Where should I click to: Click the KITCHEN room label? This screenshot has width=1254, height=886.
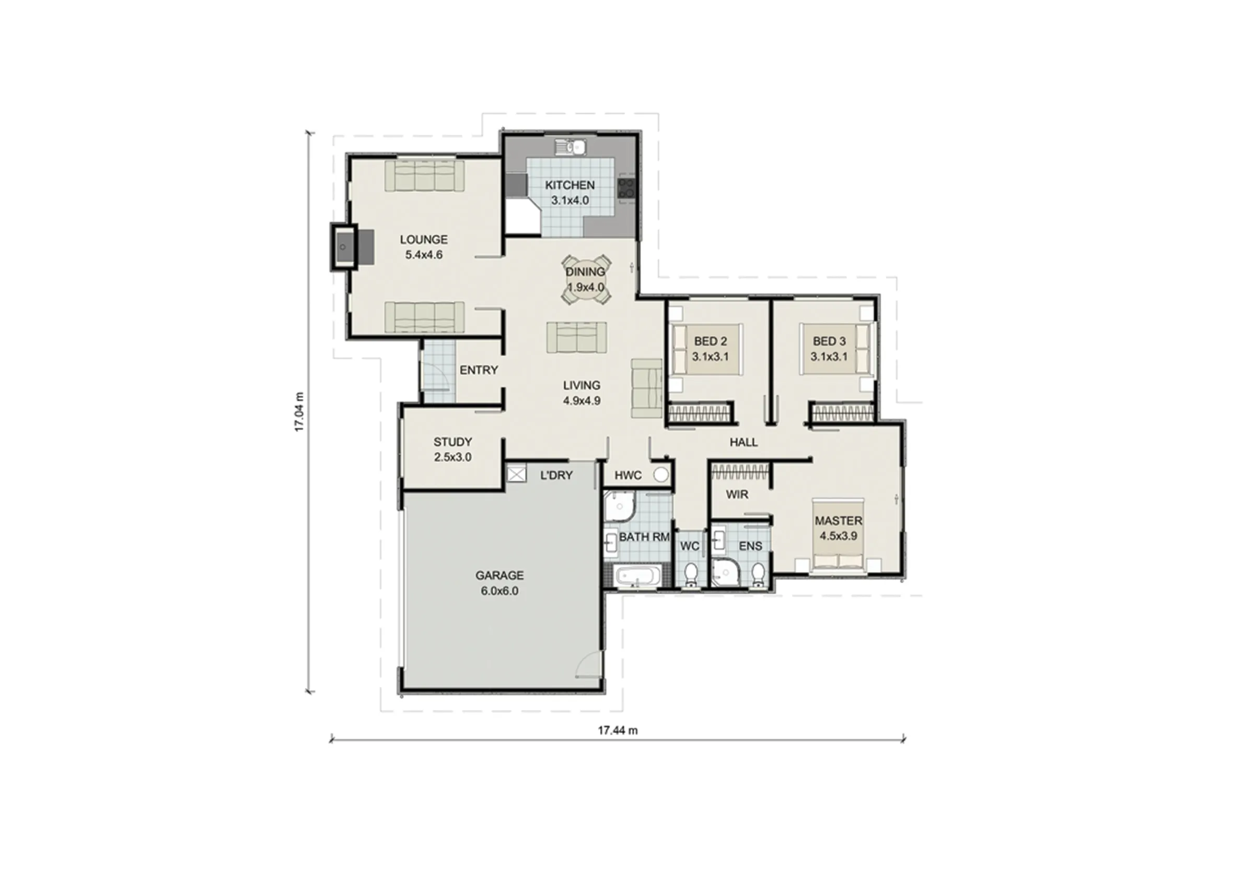coord(570,185)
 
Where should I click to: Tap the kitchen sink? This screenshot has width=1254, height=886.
coord(571,147)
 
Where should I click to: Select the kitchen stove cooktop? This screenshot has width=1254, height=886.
coord(626,188)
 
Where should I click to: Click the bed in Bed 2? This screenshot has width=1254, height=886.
coord(706,349)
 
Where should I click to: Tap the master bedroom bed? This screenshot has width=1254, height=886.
coord(839,535)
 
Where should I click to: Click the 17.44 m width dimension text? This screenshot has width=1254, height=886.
coord(618,730)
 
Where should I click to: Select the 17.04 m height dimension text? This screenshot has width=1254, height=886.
coord(299,412)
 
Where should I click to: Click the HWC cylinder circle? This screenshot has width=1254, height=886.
coord(661,475)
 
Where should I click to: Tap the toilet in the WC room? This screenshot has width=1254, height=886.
coord(690,574)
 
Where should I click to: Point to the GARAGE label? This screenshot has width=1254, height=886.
coord(499,575)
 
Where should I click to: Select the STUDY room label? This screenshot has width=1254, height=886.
coord(453,442)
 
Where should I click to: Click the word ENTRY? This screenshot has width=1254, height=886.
coord(479,370)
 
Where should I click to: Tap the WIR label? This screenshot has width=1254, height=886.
coord(737,494)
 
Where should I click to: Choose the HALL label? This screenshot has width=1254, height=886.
coord(744,442)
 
